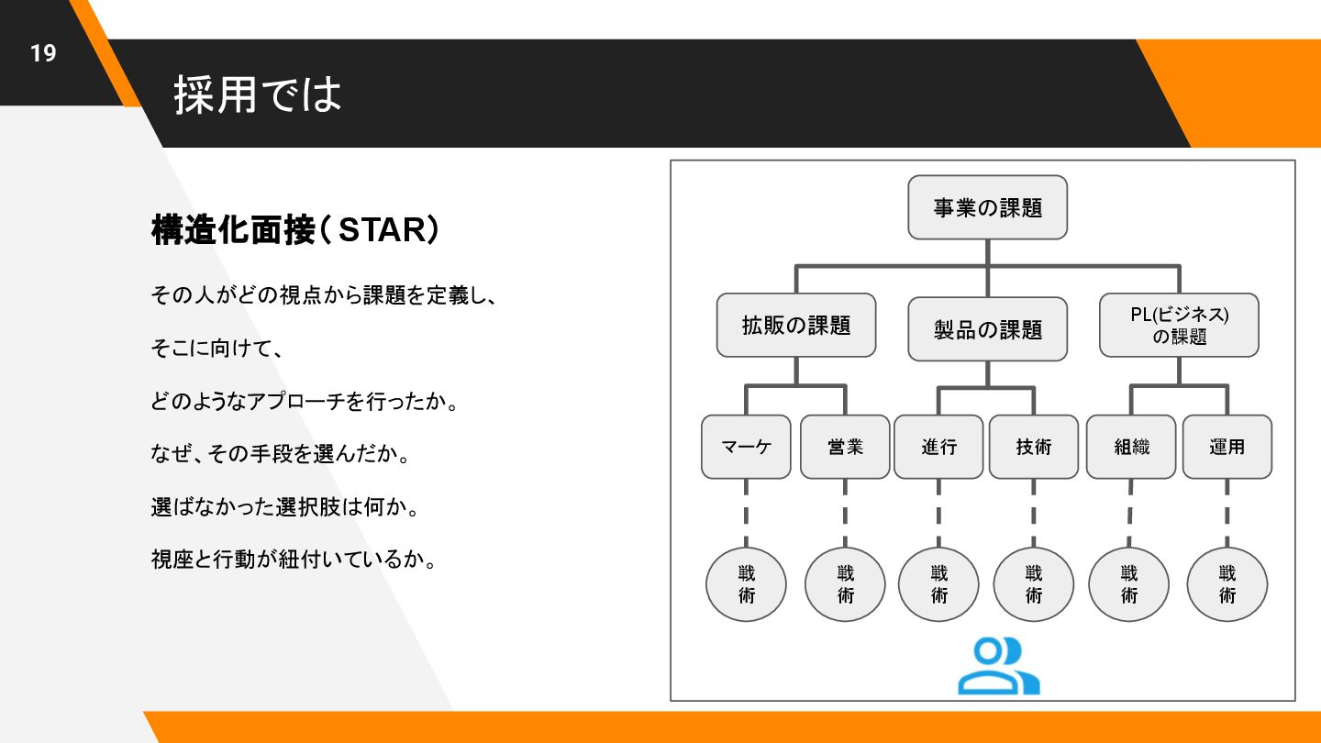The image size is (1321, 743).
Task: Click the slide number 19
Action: [x=43, y=53]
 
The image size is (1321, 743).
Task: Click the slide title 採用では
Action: [x=258, y=94]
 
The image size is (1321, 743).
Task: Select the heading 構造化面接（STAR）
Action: [x=294, y=230]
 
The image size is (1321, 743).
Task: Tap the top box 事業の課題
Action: [x=987, y=207]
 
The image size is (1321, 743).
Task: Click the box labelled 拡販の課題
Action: [x=795, y=325]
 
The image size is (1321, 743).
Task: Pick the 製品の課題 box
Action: [x=987, y=328]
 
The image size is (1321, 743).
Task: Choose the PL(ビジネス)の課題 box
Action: [x=1179, y=326]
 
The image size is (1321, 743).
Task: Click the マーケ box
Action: [x=746, y=447]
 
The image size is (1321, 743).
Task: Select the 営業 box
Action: [x=845, y=447]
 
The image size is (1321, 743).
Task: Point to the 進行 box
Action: [x=938, y=447]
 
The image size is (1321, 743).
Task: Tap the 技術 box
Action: [x=1034, y=447]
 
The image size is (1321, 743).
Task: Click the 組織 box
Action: [x=1131, y=447]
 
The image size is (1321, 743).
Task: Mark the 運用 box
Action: [x=1227, y=447]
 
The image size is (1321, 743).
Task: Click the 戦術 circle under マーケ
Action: [x=746, y=584]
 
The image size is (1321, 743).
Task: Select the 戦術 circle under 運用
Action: [x=1227, y=584]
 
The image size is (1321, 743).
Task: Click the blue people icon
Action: [x=998, y=666]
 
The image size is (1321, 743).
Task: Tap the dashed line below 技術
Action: [x=1034, y=513]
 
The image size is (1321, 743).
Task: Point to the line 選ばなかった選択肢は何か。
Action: [x=284, y=506]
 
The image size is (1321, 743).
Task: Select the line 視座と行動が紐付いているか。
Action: [x=293, y=559]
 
